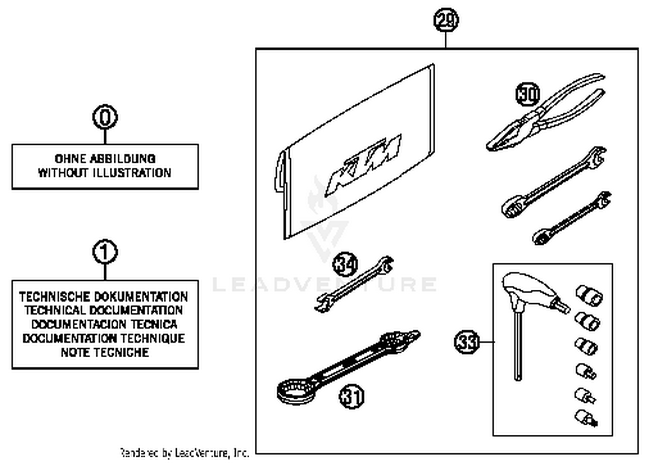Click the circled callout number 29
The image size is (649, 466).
[446, 20]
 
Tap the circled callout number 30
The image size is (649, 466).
[528, 94]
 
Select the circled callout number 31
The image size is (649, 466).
[351, 396]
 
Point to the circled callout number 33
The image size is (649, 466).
[467, 342]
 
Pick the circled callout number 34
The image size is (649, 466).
[345, 264]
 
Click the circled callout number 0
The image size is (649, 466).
[105, 117]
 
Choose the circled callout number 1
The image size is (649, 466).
[105, 252]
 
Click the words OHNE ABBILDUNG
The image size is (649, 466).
[105, 159]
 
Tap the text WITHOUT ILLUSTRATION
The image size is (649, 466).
[105, 173]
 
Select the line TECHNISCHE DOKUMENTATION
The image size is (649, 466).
[104, 297]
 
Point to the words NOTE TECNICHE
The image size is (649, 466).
[105, 353]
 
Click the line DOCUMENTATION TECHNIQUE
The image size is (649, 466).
[104, 338]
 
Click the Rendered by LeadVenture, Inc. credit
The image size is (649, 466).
[184, 453]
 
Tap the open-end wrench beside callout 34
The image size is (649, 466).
[355, 284]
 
